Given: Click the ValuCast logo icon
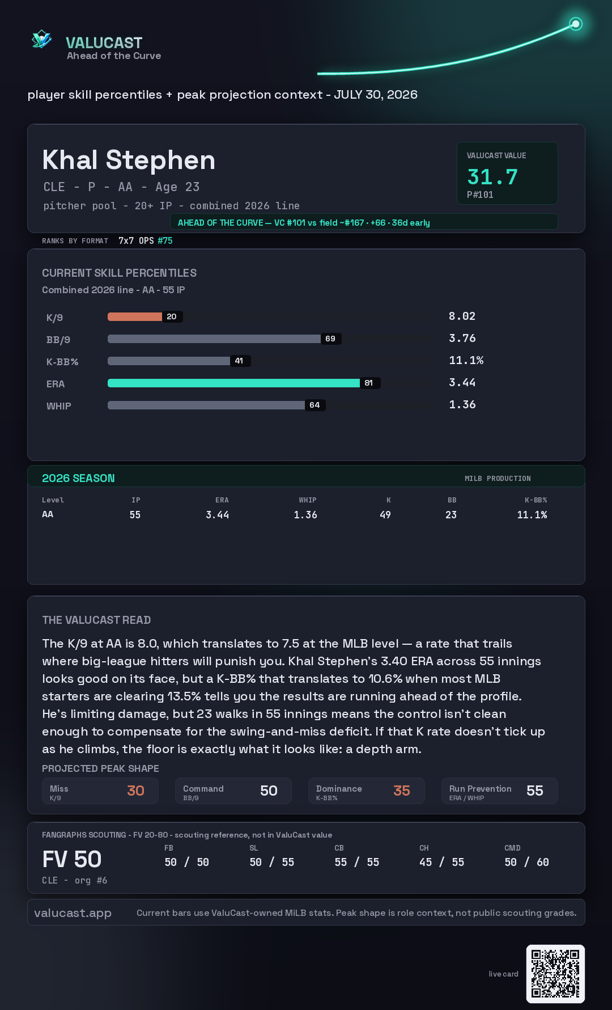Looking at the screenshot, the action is [x=41, y=39].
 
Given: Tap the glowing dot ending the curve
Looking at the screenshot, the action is [x=576, y=24].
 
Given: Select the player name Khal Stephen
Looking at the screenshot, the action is [x=129, y=160].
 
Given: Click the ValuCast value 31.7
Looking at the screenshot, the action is [x=492, y=177].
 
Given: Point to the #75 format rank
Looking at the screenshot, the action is [x=165, y=240].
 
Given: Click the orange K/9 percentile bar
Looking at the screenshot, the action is [x=135, y=316].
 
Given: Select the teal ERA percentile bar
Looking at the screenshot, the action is [x=233, y=383].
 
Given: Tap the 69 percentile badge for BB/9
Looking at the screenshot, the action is [x=330, y=339].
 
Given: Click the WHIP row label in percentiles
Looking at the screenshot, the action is [x=59, y=406].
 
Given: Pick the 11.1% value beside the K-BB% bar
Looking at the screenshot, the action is [x=466, y=360].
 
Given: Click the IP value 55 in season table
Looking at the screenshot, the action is [x=135, y=515].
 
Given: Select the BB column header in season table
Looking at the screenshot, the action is [x=452, y=500].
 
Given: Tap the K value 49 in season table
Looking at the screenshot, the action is [x=385, y=515].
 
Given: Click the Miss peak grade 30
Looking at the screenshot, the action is [x=135, y=791].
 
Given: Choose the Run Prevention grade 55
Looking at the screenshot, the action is [x=535, y=791].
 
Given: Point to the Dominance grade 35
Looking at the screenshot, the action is [x=402, y=791].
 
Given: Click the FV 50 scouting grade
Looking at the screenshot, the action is [x=72, y=859].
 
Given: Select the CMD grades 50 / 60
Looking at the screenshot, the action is [x=527, y=862].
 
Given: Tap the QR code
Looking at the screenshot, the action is [x=555, y=974].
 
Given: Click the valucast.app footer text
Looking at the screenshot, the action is [x=73, y=913].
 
